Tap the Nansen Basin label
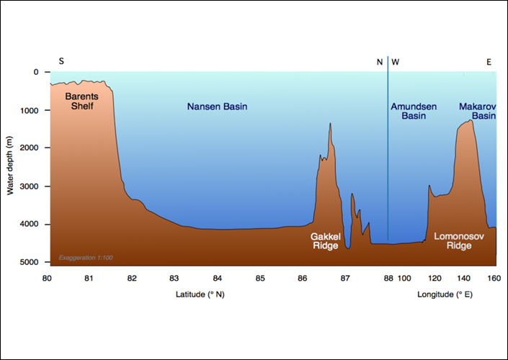pyautogui.click(x=217, y=107)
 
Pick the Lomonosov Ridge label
pyautogui.click(x=453, y=240)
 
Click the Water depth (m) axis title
pyautogui.click(x=11, y=168)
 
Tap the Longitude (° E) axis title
pyautogui.click(x=445, y=294)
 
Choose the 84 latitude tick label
pyautogui.click(x=217, y=278)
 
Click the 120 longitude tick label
pyautogui.click(x=433, y=278)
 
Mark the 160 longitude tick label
pyautogui.click(x=494, y=278)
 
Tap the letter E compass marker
pyautogui.click(x=489, y=62)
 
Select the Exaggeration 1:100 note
pyautogui.click(x=86, y=257)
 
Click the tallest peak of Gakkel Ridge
pyautogui.click(x=330, y=124)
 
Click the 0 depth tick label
pyautogui.click(x=36, y=72)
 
